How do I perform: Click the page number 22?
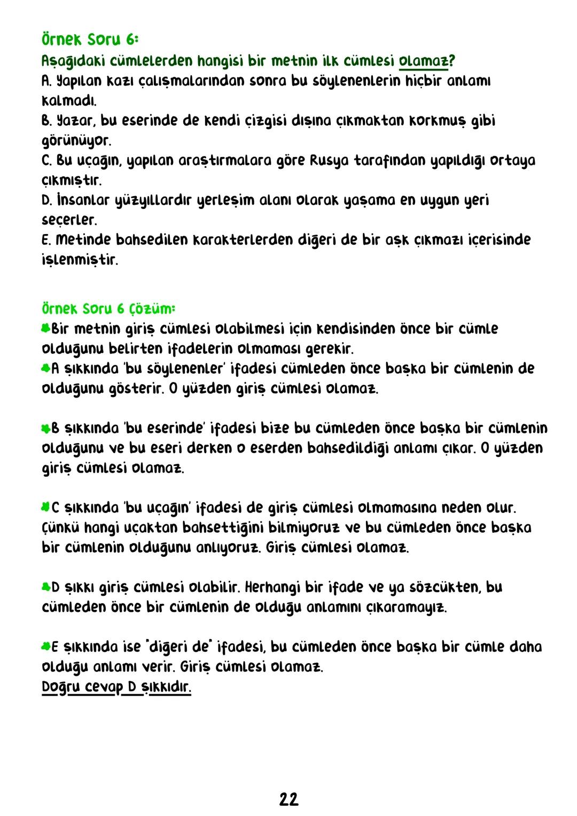click(x=288, y=799)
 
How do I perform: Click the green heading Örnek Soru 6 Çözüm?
click(x=108, y=309)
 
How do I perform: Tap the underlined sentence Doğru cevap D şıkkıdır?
click(x=116, y=687)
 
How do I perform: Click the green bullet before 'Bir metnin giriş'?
click(x=46, y=328)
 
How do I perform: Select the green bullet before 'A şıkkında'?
click(x=46, y=368)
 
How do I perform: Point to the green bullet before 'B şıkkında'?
click(x=46, y=428)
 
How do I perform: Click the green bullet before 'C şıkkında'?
click(x=46, y=506)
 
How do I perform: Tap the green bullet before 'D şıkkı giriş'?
click(x=46, y=587)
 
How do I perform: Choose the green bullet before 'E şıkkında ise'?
click(x=46, y=647)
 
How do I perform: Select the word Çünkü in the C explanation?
click(x=60, y=527)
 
